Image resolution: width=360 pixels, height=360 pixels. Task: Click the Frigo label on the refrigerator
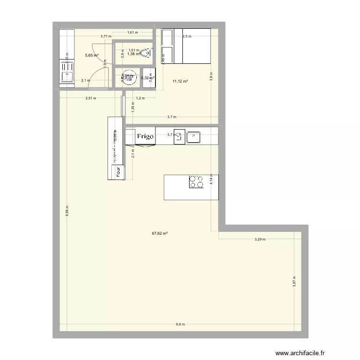[x=145, y=137]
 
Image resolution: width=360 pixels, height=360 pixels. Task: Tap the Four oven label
[x=118, y=172]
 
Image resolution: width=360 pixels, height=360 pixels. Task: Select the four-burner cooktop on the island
[x=196, y=181]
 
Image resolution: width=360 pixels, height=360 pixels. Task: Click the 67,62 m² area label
[x=160, y=234]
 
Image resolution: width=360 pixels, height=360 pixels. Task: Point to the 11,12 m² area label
[x=180, y=82]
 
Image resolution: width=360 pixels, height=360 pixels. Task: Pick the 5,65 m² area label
[x=92, y=55]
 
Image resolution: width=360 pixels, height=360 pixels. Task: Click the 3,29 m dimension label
[x=259, y=239]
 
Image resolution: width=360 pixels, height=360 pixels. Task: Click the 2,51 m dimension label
[x=90, y=98]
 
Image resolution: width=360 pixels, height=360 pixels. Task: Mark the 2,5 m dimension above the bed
[x=187, y=36]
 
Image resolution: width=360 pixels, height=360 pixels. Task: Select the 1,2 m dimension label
[x=140, y=98]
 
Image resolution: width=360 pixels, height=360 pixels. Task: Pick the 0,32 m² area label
[x=147, y=78]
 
